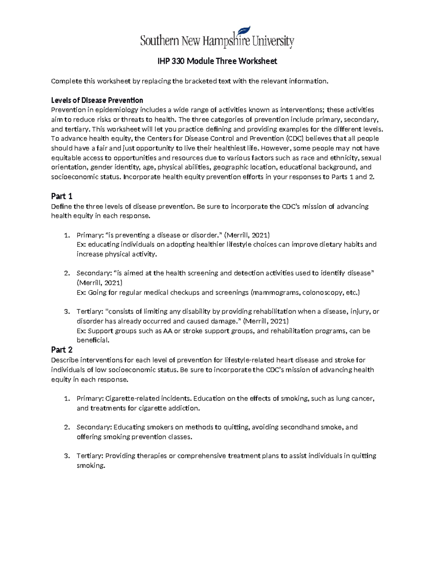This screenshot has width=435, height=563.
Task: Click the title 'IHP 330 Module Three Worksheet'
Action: pyautogui.click(x=217, y=61)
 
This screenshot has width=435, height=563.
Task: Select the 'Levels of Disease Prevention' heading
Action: pyautogui.click(x=97, y=100)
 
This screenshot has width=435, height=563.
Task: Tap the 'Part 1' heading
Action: pyautogui.click(x=62, y=196)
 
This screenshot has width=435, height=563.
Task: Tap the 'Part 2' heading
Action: pyautogui.click(x=62, y=350)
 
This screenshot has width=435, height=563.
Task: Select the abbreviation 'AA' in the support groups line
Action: pyautogui.click(x=167, y=331)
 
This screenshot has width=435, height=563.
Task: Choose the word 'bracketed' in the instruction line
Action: pyautogui.click(x=200, y=81)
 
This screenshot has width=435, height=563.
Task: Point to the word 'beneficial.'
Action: pyautogui.click(x=93, y=340)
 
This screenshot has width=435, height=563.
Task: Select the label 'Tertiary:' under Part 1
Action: pyautogui.click(x=90, y=312)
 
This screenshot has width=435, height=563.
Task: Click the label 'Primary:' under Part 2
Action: pyautogui.click(x=90, y=399)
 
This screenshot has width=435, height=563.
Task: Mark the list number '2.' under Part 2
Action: pyautogui.click(x=67, y=427)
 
